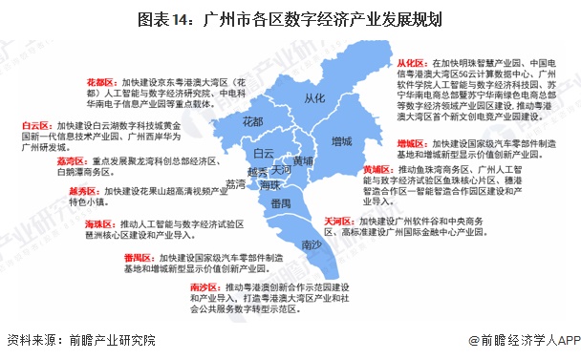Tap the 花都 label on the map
[x=252, y=121]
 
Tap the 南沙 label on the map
[x=312, y=244]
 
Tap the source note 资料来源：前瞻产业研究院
[x=80, y=340]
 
